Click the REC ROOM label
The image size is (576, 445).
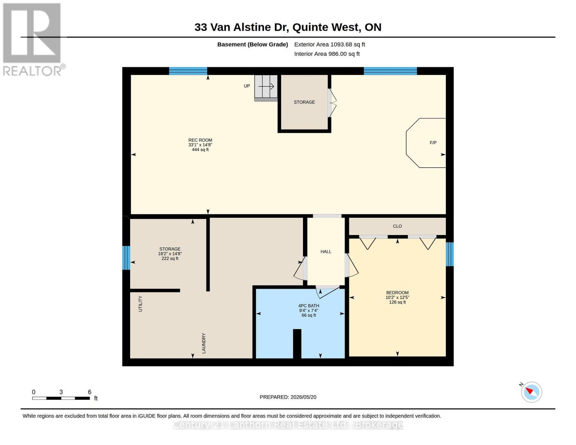[200, 140]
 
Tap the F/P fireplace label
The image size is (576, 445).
[433, 143]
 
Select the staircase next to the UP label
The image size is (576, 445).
[266, 88]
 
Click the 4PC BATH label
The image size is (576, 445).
[309, 306]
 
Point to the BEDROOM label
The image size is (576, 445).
[397, 293]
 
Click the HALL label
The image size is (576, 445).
[326, 251]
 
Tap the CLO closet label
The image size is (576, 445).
[397, 226]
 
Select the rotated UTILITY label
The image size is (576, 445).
[140, 304]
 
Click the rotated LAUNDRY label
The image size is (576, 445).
[204, 343]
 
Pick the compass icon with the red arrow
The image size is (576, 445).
[531, 392]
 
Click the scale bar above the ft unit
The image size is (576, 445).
[61, 398]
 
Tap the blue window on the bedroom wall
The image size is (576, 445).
[450, 254]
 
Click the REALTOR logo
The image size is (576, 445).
[33, 40]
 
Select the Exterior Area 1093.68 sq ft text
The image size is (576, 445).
[329, 44]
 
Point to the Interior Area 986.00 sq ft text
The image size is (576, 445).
[327, 54]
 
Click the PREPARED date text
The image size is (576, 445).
[288, 397]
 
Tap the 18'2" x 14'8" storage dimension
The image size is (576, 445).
[170, 254]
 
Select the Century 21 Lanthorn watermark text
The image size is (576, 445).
[288, 425]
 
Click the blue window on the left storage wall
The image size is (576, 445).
[126, 258]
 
